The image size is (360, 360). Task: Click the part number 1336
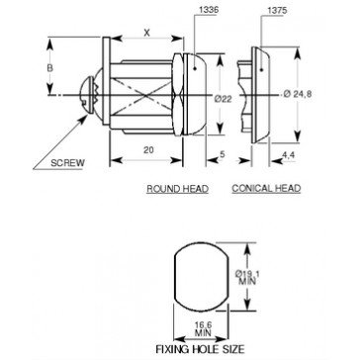(209, 10)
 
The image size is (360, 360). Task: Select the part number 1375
(277, 11)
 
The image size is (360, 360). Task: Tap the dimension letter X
(147, 33)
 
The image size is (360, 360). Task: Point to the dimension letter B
(49, 68)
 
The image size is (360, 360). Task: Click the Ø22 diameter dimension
(223, 99)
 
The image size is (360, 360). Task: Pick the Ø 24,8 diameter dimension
(298, 94)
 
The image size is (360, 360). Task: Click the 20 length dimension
(148, 150)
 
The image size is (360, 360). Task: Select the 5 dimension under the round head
(222, 154)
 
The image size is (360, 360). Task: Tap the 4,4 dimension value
(289, 155)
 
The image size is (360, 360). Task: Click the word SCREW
(67, 163)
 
